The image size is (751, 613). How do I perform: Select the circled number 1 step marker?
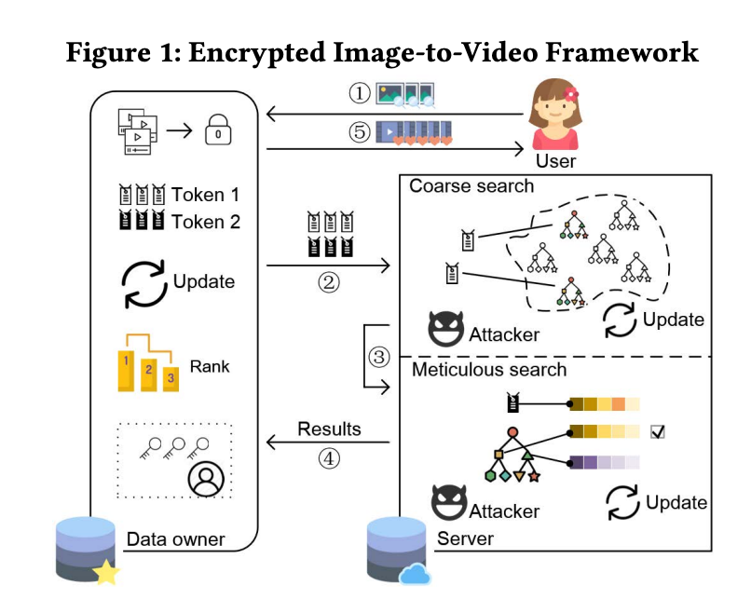(x=360, y=94)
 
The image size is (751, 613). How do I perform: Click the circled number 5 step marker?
(x=360, y=132)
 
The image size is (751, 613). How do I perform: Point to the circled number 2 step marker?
(x=327, y=282)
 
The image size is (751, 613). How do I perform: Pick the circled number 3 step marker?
(x=377, y=356)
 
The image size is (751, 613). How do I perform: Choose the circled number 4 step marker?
(x=328, y=457)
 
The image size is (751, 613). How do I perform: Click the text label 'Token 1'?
(x=205, y=195)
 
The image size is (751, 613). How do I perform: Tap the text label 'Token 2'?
(x=205, y=222)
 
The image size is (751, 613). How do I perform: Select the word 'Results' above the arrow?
(x=329, y=429)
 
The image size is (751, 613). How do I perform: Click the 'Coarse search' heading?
(x=471, y=186)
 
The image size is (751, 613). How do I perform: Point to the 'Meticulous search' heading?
(x=488, y=370)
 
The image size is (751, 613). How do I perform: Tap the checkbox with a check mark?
(x=658, y=431)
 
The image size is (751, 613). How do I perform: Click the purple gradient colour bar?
(x=605, y=462)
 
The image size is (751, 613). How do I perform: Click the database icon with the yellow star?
(x=88, y=552)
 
